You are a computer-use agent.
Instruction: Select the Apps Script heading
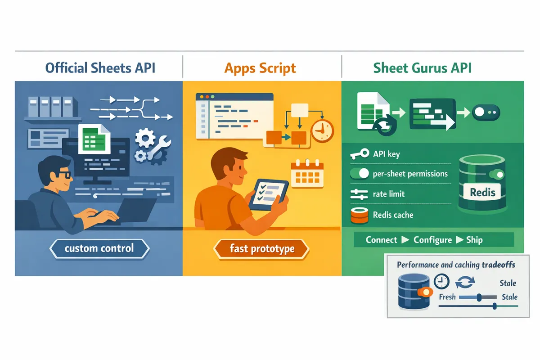coord(260,68)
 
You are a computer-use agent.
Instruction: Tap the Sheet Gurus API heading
coord(423,68)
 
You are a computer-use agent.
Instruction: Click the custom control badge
coord(99,248)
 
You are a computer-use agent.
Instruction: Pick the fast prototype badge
coord(262,248)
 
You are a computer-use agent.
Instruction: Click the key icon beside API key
coord(359,154)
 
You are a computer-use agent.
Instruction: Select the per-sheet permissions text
coord(410,174)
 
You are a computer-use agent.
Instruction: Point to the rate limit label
coord(388,194)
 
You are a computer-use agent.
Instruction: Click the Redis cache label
coord(393,215)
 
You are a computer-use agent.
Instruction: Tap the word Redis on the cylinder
coord(482,193)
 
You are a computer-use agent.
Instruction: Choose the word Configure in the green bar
coord(432,240)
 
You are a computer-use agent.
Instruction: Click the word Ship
coord(474,240)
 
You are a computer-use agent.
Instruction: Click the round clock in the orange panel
coord(322,130)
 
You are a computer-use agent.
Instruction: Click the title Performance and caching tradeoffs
coord(456,265)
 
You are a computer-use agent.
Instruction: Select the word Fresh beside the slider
coord(447,297)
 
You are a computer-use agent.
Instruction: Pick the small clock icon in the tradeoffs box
coord(441,282)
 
